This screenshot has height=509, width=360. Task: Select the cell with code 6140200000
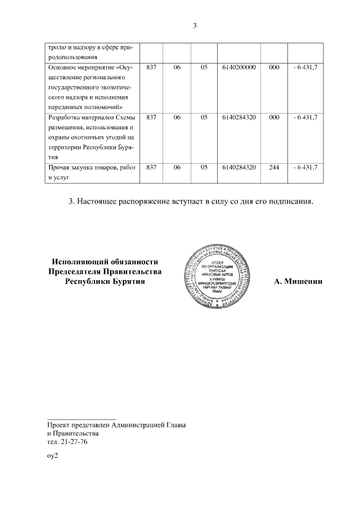tap(239, 67)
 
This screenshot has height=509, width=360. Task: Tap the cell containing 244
tap(274, 168)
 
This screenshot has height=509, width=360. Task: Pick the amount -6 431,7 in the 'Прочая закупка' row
tap(306, 168)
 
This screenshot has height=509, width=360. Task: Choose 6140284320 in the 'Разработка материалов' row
tap(239, 118)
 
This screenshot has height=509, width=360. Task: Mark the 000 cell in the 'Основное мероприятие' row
tap(274, 67)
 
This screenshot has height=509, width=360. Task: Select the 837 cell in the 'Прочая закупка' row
tap(151, 168)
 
